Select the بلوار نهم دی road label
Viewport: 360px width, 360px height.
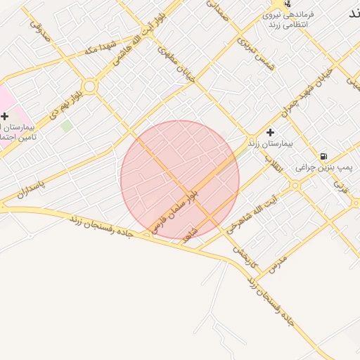coord(65,102)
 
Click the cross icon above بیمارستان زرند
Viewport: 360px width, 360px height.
coord(270,132)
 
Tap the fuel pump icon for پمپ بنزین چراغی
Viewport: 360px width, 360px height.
coord(323,156)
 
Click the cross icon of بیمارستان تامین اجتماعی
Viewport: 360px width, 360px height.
coord(5,115)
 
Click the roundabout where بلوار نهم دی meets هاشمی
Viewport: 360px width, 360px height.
coord(90,86)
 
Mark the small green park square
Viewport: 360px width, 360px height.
coord(66,126)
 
